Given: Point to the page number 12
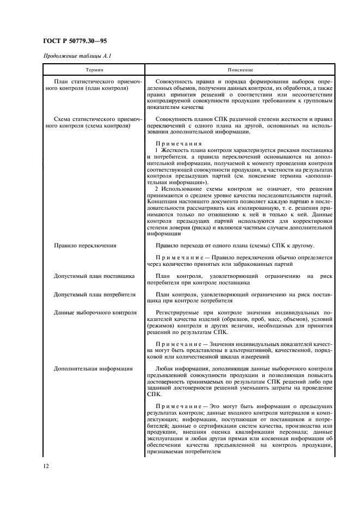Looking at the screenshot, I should (46, 466).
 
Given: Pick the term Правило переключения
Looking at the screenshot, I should (85, 246).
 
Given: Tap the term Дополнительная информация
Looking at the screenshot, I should (93, 369).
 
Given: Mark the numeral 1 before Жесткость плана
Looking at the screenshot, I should (157, 149).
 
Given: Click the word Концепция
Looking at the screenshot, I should (164, 202).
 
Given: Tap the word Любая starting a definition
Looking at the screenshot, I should (165, 369).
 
